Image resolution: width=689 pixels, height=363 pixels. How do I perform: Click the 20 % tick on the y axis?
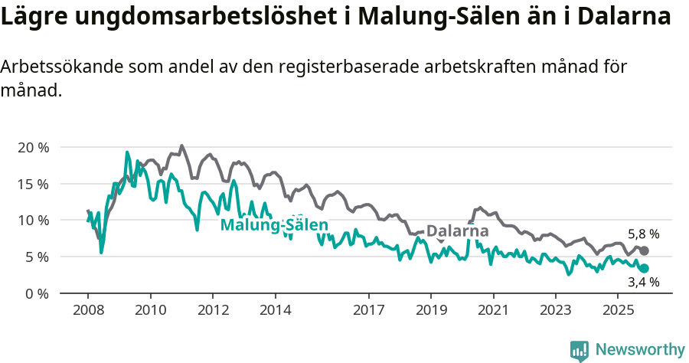[33, 147]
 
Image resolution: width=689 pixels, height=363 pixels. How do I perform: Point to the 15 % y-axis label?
[33, 184]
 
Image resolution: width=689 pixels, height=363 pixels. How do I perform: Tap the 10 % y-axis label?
[33, 221]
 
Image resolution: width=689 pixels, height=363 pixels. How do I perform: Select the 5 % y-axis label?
[36, 257]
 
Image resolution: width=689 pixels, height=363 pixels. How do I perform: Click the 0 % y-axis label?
[36, 293]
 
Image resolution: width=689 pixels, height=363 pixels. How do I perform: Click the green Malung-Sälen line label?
[274, 224]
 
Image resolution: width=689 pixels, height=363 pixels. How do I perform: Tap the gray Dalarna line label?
[457, 231]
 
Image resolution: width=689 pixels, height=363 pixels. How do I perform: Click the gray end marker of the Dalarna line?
[644, 251]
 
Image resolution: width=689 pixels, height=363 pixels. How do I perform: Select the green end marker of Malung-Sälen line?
[644, 268]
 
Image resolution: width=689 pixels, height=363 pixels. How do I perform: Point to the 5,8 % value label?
[643, 234]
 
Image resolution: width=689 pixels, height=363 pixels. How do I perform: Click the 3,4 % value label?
[643, 283]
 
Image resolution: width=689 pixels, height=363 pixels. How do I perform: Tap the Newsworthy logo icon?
[580, 350]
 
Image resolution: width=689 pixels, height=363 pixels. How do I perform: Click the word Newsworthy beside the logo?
[640, 350]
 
